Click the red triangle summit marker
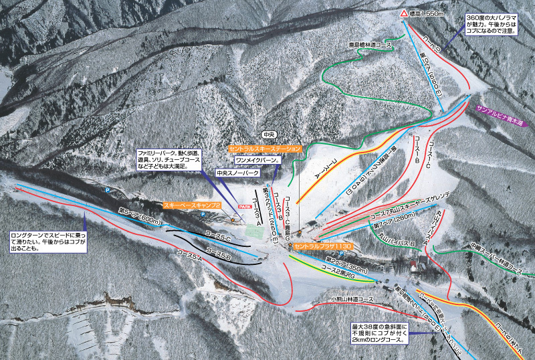click(x=404, y=13)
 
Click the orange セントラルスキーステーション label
click(x=265, y=148)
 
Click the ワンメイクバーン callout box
click(x=257, y=161)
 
